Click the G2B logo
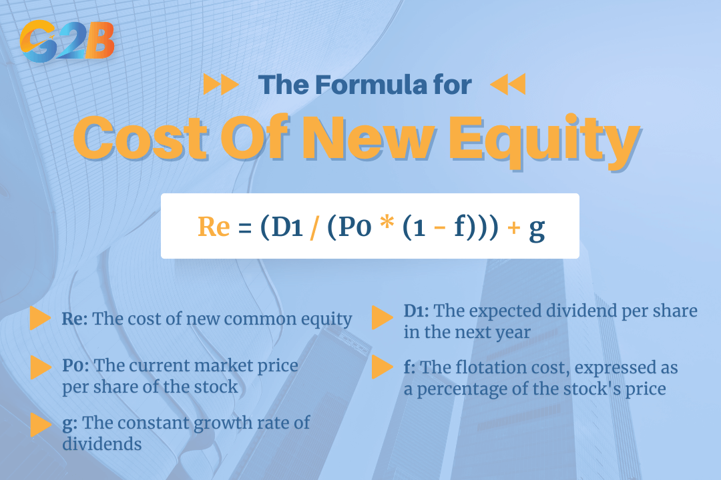(67, 41)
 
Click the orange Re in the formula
(214, 227)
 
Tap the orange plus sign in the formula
(513, 227)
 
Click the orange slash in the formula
(310, 227)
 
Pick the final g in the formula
(537, 229)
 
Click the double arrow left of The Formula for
(221, 85)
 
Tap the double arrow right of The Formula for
(507, 85)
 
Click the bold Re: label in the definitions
(75, 319)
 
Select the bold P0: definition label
(75, 365)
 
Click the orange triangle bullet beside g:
(41, 424)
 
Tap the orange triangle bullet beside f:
(382, 367)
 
